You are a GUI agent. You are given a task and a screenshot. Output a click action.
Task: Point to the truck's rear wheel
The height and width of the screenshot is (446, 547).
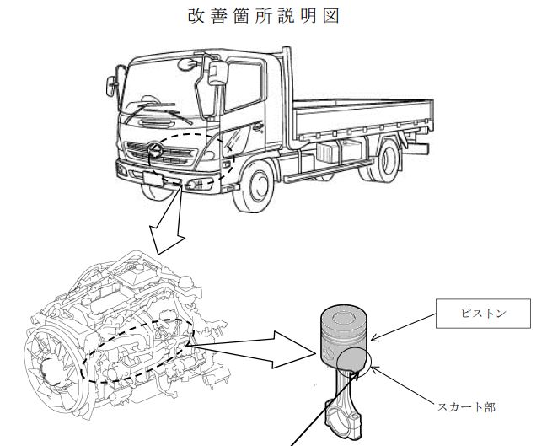pyautogui.click(x=387, y=161)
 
